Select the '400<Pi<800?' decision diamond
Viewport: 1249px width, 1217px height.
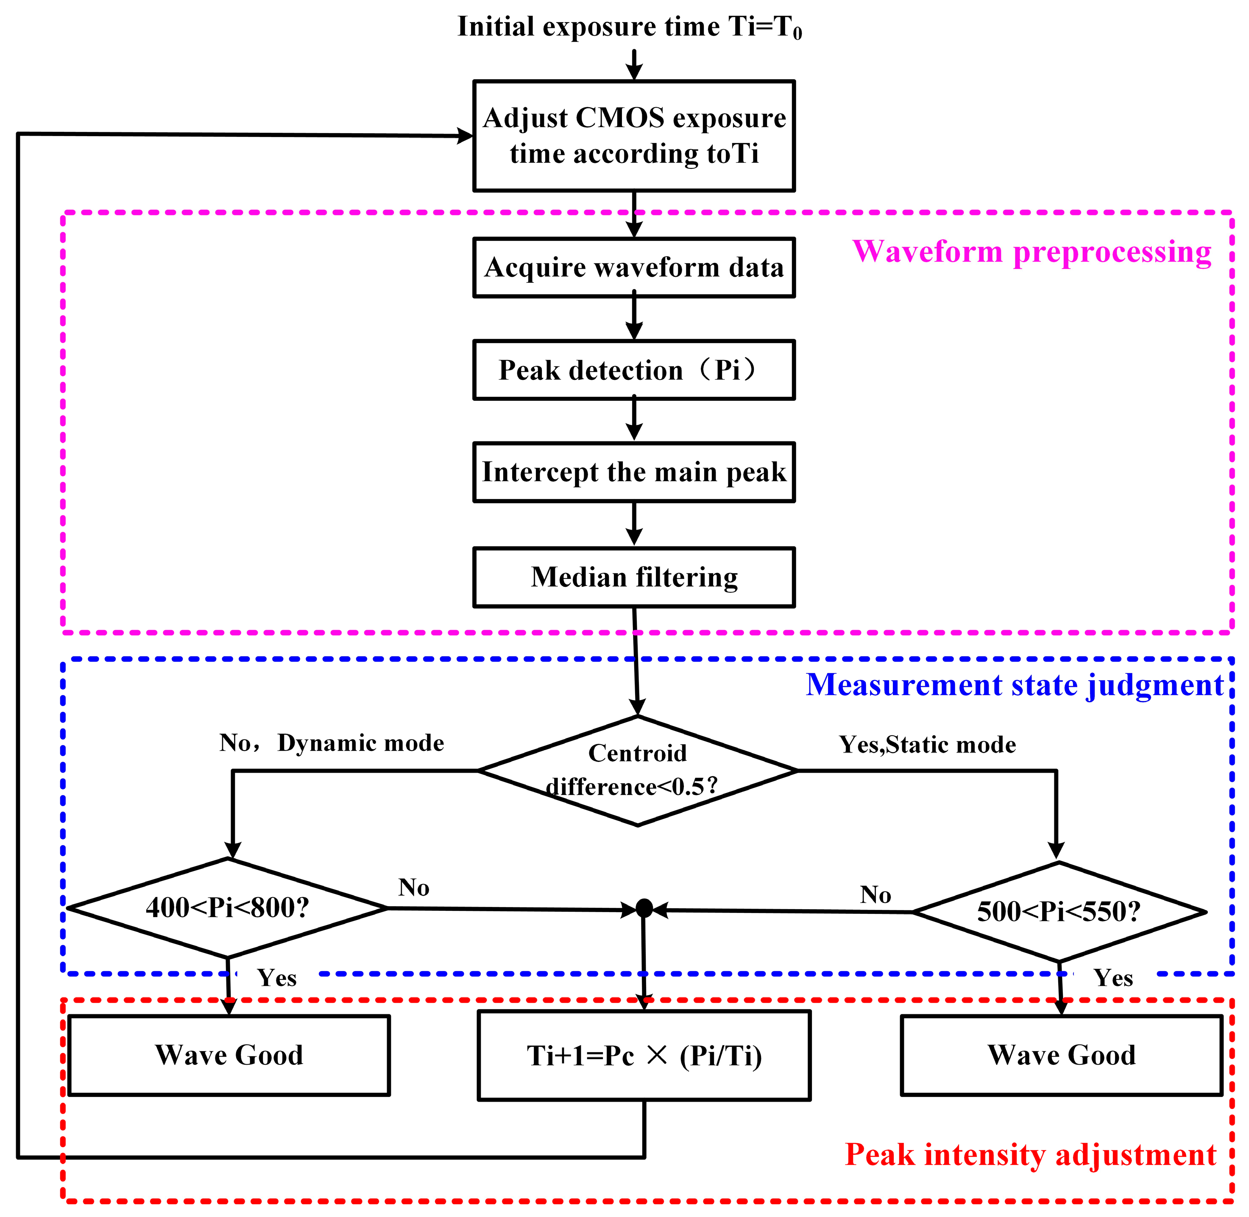click(x=228, y=907)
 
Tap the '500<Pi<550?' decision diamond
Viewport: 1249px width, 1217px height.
click(x=1059, y=911)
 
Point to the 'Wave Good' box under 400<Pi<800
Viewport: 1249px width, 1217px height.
click(x=229, y=1055)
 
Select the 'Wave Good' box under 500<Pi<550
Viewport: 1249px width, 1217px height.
click(x=1061, y=1055)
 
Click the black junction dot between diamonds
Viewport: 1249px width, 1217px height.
click(x=644, y=908)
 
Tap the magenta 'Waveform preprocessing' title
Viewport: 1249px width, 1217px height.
click(x=1032, y=251)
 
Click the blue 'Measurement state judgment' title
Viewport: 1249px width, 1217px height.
click(x=1015, y=684)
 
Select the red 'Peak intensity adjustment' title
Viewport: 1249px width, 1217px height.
click(x=1030, y=1154)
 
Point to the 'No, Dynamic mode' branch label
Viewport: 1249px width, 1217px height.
click(x=331, y=743)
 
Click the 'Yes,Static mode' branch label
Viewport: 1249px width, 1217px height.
click(x=927, y=745)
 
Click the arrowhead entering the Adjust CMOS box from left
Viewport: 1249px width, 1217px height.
click(x=465, y=136)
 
